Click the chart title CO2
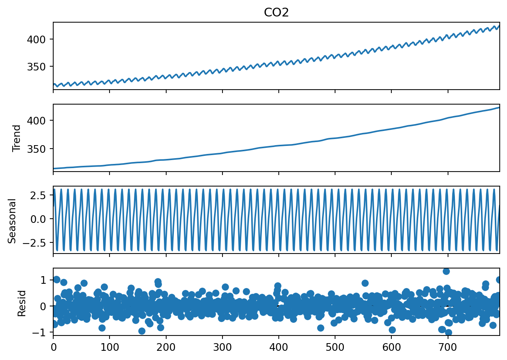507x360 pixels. coord(276,12)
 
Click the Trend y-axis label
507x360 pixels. coord(16,138)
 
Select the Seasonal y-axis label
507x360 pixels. coord(12,221)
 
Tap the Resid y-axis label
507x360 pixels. coord(22,303)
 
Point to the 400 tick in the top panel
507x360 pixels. coord(36,39)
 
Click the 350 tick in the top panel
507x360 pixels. coord(36,67)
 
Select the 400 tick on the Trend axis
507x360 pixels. coord(36,121)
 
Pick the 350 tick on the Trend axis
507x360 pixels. coord(36,149)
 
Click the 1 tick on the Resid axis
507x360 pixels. coord(43,280)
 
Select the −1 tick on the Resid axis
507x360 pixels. coord(40,332)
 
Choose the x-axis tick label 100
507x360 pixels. coord(110,347)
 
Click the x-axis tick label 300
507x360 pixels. coord(222,347)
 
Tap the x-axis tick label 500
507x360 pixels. coord(335,347)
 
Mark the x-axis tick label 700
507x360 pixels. coord(448,347)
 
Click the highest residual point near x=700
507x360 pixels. coord(446,271)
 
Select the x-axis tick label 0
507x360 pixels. coord(53,347)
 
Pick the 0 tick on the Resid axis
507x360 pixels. coord(43,306)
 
